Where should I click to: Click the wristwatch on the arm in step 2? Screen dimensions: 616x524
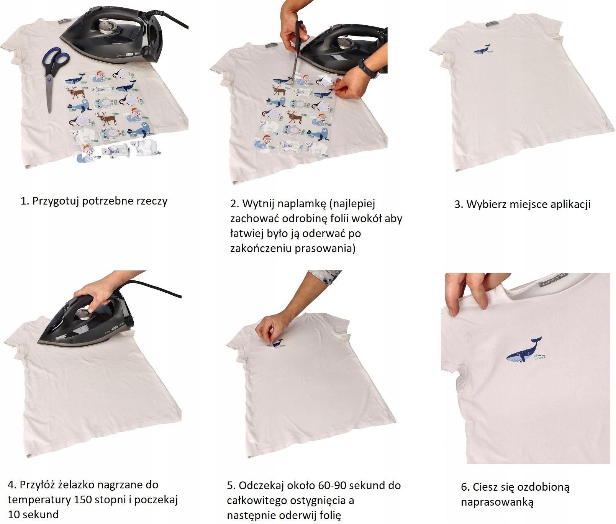pos(366,69)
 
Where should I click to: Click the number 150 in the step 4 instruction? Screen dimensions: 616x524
pos(99,499)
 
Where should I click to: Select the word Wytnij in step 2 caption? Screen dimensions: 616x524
pos(259,204)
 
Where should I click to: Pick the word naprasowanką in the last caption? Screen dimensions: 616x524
pos(497,503)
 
